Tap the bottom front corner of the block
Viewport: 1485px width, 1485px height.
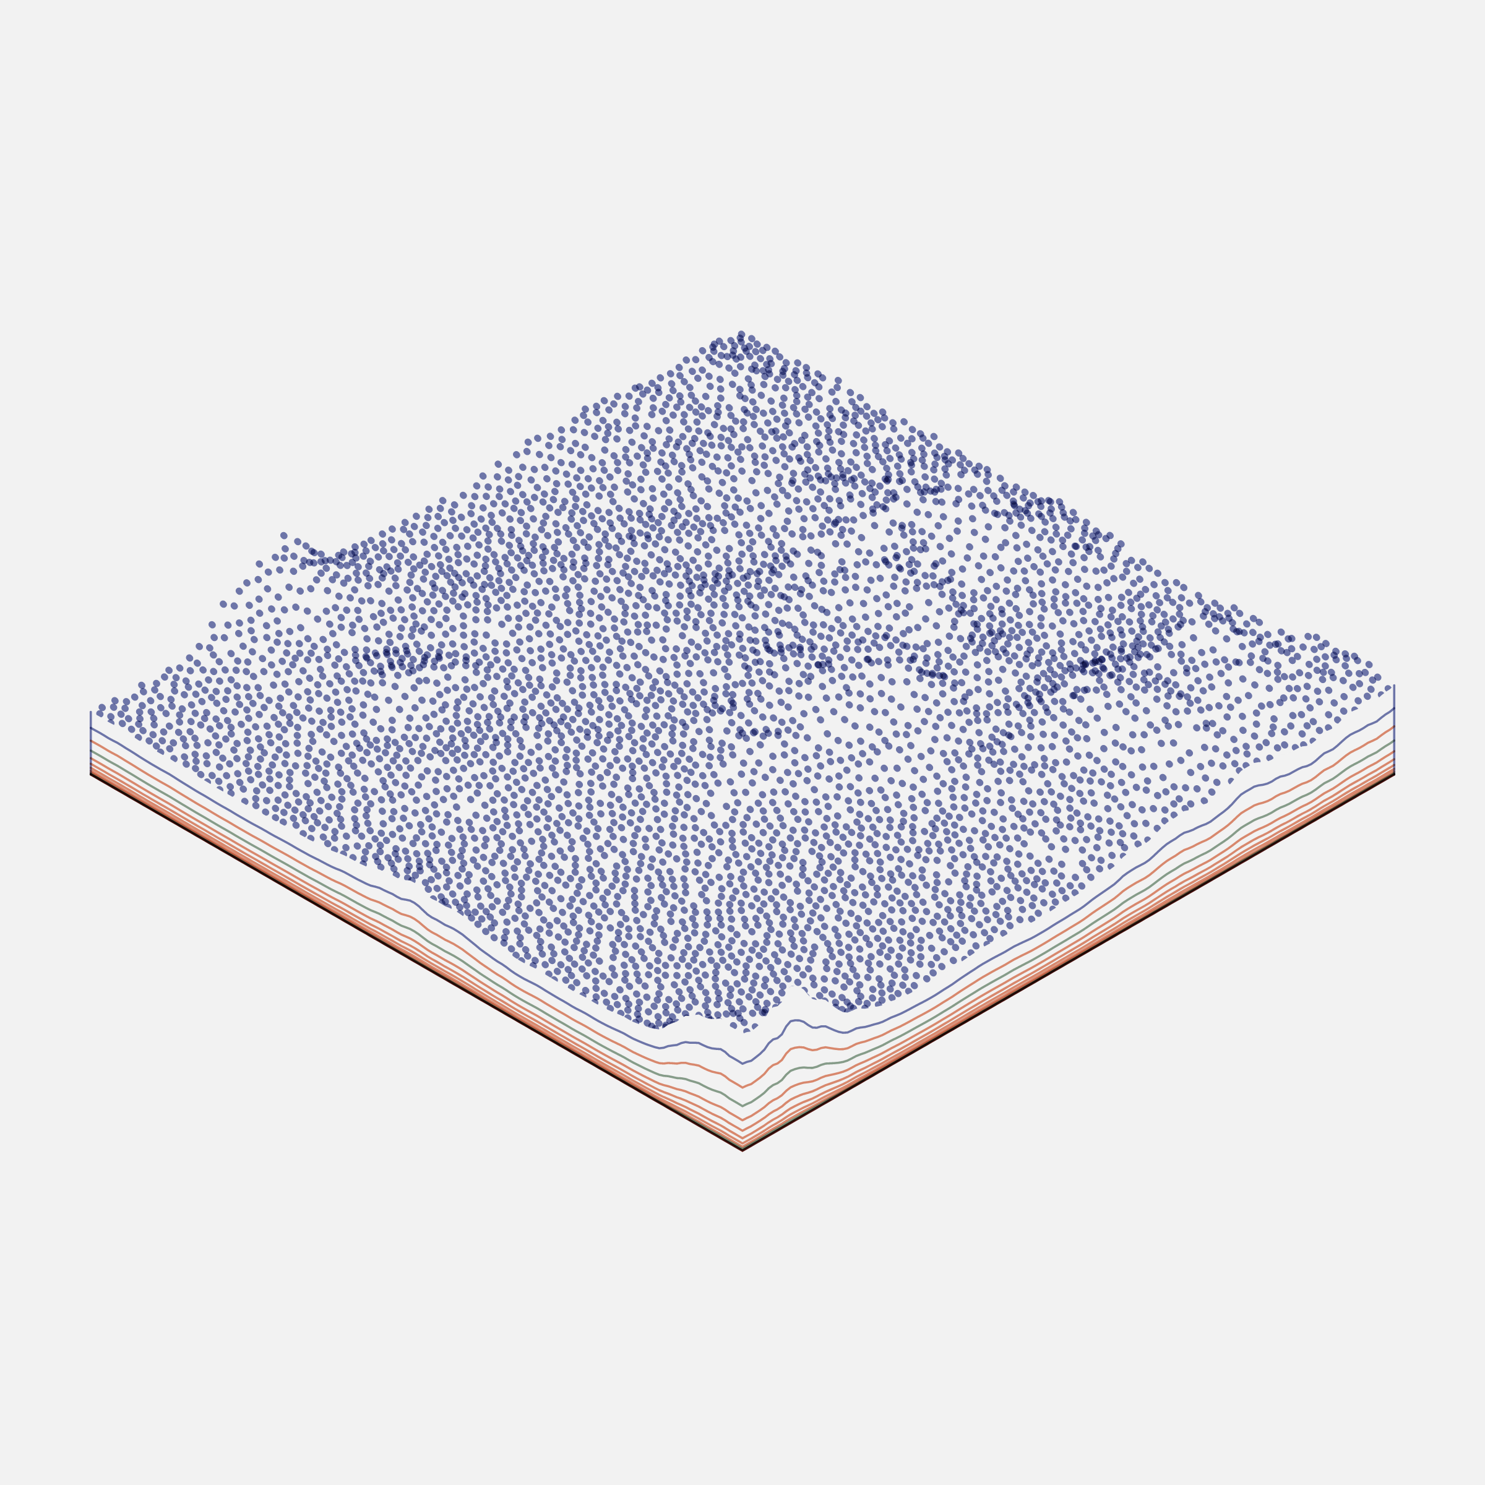click(x=742, y=1151)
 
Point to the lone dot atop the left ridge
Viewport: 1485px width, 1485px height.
click(x=283, y=536)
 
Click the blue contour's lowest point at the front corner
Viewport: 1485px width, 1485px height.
click(x=742, y=1064)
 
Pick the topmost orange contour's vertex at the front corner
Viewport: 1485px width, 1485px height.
click(x=742, y=1088)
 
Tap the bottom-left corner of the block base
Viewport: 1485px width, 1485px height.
click(x=91, y=775)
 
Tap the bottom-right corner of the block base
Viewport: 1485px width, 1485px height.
click(x=1394, y=775)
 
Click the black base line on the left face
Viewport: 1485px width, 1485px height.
click(x=415, y=962)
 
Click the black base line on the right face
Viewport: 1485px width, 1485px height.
click(x=1069, y=962)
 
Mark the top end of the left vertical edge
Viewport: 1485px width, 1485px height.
click(x=91, y=712)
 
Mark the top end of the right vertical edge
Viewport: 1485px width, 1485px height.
click(x=1394, y=685)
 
